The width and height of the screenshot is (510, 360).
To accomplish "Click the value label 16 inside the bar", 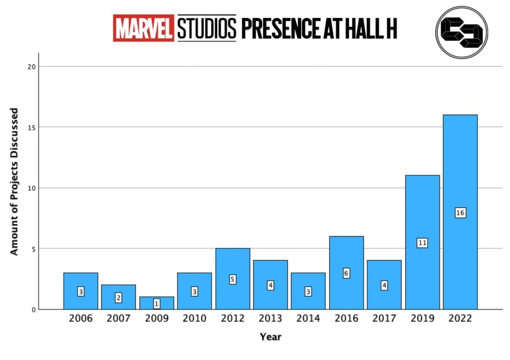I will pos(460,213).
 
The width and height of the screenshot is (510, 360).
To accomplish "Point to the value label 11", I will pos(422,243).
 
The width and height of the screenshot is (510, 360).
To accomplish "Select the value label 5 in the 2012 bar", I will pos(232,279).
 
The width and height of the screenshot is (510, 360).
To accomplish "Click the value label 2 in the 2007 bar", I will pos(118,297).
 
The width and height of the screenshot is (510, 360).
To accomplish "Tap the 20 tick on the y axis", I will pos(32,66).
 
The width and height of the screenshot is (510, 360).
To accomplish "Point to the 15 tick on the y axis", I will pos(32,127).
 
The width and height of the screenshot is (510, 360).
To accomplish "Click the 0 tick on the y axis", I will pos(33,310).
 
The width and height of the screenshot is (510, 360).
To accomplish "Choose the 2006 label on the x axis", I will pos(80,319).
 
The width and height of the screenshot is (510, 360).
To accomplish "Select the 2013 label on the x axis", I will pos(270,319).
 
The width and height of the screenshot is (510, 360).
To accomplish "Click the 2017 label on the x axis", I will pos(384,319).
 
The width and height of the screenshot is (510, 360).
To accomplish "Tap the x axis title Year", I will pos(270,337).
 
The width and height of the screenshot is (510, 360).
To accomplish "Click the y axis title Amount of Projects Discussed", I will pos(14,181).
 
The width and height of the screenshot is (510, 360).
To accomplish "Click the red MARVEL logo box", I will pos(144,28).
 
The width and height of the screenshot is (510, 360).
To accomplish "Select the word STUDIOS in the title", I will pos(206,28).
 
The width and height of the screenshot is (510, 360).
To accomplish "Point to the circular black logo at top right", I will pos(461,32).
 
